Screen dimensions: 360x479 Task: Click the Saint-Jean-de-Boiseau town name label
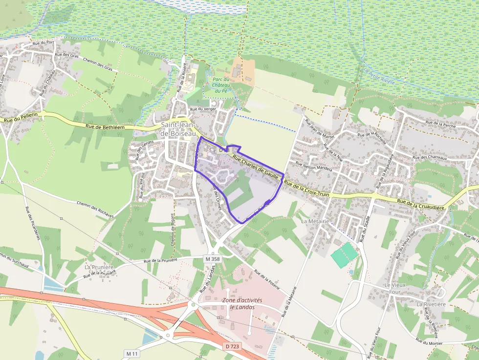tap(178, 129)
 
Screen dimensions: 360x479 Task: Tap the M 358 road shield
tap(213, 258)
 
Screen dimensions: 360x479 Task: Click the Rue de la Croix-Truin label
tap(306, 189)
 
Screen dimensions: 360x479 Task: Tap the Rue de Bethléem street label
tap(105, 127)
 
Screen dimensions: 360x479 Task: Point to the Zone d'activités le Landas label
tap(242, 303)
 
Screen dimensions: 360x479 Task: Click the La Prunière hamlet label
tap(99, 267)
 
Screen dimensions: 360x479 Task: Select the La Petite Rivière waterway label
tap(379, 76)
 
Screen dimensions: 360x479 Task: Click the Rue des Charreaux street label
tap(430, 157)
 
